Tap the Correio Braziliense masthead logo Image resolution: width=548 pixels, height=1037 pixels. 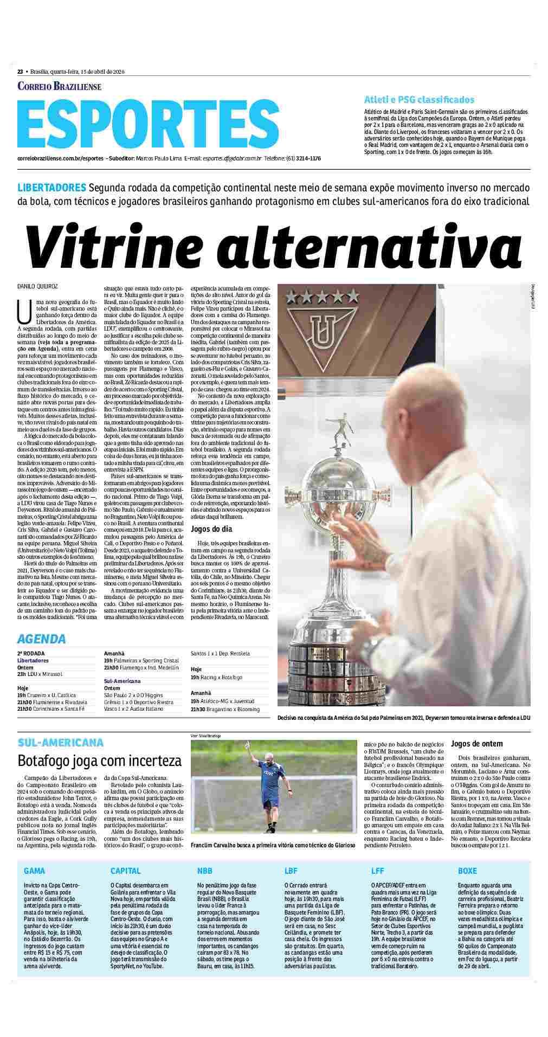click(59, 86)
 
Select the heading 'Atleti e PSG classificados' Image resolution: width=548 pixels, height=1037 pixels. click(419, 100)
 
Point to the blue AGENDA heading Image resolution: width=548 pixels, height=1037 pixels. click(41, 639)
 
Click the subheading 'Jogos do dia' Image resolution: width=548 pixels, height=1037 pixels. click(211, 529)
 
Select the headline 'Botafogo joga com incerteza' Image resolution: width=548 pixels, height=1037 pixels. click(99, 761)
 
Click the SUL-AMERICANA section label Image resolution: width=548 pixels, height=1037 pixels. click(60, 742)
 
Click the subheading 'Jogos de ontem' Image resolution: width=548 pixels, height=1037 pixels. click(476, 744)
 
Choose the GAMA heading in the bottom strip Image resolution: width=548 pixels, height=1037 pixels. click(34, 871)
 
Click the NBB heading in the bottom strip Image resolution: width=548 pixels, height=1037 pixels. click(205, 871)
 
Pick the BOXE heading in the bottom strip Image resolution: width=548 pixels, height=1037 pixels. click(467, 871)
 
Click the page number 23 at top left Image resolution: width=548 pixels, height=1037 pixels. click(20, 72)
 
